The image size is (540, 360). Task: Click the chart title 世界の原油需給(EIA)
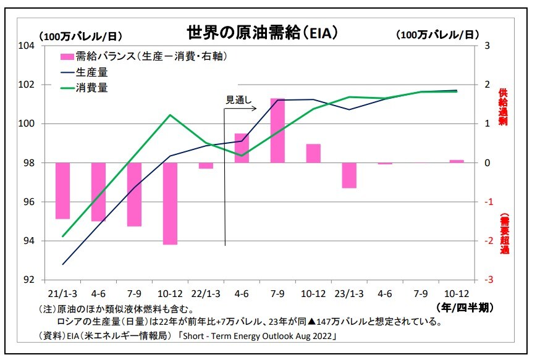pyautogui.click(x=262, y=32)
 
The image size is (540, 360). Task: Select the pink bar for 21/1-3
pyautogui.click(x=62, y=191)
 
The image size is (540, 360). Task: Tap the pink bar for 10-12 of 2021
pyautogui.click(x=170, y=204)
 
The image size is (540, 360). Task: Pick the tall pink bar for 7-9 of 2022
pyautogui.click(x=277, y=130)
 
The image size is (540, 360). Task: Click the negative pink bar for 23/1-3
pyautogui.click(x=349, y=175)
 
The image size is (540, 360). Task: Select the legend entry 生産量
pyautogui.click(x=92, y=72)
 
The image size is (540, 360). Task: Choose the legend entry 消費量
pyautogui.click(x=92, y=88)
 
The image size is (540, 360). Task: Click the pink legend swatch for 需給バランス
pyautogui.click(x=67, y=57)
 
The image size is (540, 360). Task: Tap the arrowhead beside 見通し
pyautogui.click(x=254, y=109)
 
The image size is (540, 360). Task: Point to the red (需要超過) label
pyautogui.click(x=504, y=234)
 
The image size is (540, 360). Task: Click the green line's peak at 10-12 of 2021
pyautogui.click(x=170, y=115)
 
